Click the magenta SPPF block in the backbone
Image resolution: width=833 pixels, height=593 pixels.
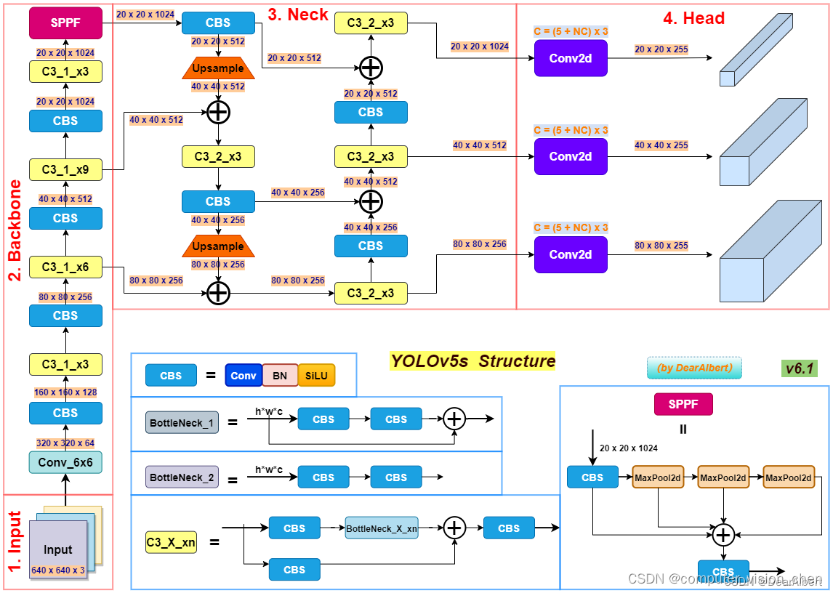[x=65, y=23]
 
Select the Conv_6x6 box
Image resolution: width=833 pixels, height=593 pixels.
[x=65, y=461]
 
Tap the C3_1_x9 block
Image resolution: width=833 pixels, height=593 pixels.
[x=65, y=169]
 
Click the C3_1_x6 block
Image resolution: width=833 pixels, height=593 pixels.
[x=65, y=267]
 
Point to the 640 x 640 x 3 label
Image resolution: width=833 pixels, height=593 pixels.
[x=58, y=570]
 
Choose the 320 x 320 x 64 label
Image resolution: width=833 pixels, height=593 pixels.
[x=65, y=443]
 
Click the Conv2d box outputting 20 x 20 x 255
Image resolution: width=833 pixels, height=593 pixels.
[x=571, y=58]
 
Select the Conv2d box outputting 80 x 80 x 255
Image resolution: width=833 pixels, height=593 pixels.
[x=571, y=254]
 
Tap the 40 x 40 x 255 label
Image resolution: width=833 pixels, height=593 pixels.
[x=661, y=145]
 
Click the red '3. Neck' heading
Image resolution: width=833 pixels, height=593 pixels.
[x=298, y=15]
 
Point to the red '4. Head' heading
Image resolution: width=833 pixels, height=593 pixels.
[x=693, y=18]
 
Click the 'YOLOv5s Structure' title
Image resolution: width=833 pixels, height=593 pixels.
[x=472, y=361]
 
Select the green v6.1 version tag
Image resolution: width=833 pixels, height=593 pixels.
[x=800, y=368]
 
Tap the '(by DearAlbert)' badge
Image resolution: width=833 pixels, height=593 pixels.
[x=694, y=368]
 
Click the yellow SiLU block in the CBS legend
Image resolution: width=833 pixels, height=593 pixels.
[x=316, y=376]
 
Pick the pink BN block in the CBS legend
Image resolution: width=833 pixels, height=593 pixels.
[x=280, y=376]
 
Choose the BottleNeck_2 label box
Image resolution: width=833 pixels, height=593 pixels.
[x=182, y=477]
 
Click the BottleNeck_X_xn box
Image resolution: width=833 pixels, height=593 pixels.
[x=382, y=528]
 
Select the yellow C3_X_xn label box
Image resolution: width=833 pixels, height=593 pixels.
[x=171, y=542]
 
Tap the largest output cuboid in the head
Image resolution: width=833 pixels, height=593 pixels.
[x=763, y=254]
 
